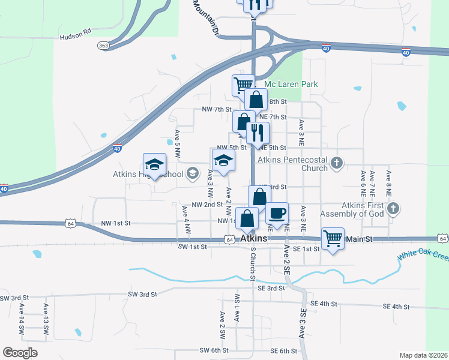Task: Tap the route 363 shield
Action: [103, 46]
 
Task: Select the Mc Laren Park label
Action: [291, 85]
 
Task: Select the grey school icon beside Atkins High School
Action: [193, 174]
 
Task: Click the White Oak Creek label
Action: [423, 257]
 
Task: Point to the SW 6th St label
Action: [214, 350]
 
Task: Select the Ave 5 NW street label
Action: [177, 144]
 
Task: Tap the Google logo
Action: [20, 353]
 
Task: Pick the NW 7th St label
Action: [216, 109]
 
